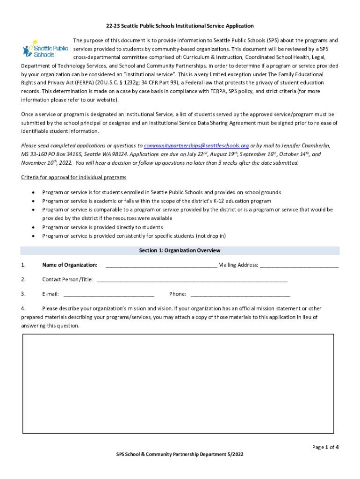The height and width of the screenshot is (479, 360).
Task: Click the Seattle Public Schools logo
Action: click(45, 49)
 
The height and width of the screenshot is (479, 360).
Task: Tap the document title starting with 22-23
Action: click(180, 26)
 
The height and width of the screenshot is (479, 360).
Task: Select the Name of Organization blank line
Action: click(161, 265)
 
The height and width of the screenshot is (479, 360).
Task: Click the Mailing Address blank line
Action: click(299, 265)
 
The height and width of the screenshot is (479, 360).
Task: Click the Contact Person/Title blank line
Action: click(192, 280)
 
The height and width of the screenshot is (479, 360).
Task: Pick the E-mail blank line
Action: click(108, 294)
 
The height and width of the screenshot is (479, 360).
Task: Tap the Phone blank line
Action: click(240, 294)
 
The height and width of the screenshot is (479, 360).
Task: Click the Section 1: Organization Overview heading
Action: click(180, 251)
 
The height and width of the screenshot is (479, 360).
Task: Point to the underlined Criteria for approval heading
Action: click(74, 178)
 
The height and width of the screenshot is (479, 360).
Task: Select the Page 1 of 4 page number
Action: click(325, 447)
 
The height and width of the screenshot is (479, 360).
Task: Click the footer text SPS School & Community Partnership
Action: click(180, 454)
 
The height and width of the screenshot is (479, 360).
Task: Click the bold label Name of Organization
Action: click(70, 265)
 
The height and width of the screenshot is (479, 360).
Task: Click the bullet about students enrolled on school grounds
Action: click(161, 192)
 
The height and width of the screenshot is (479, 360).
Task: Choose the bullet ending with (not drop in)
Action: click(134, 236)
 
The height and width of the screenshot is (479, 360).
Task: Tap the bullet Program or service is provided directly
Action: click(102, 227)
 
